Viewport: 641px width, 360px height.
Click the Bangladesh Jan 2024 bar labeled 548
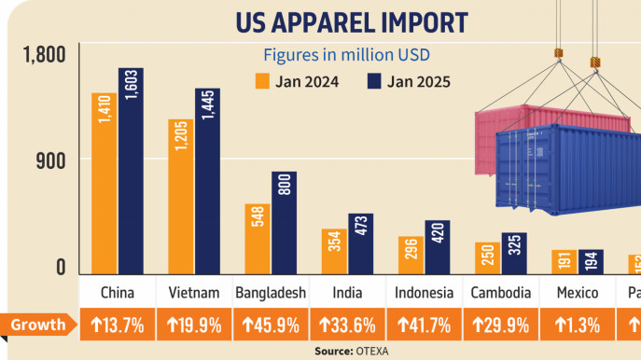(258, 239)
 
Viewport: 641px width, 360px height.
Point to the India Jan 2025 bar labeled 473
(360, 243)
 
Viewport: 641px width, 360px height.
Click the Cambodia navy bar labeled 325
(514, 253)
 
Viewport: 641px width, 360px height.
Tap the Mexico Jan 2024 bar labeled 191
(564, 262)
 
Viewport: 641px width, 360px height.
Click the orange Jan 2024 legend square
(263, 81)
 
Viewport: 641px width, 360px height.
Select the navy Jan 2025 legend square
(375, 81)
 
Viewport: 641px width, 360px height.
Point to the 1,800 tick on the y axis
(44, 55)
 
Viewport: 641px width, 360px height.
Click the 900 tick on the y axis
(52, 160)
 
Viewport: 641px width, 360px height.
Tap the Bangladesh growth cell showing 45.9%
(271, 325)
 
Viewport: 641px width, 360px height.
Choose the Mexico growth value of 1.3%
(578, 325)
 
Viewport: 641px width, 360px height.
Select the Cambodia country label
(501, 292)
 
